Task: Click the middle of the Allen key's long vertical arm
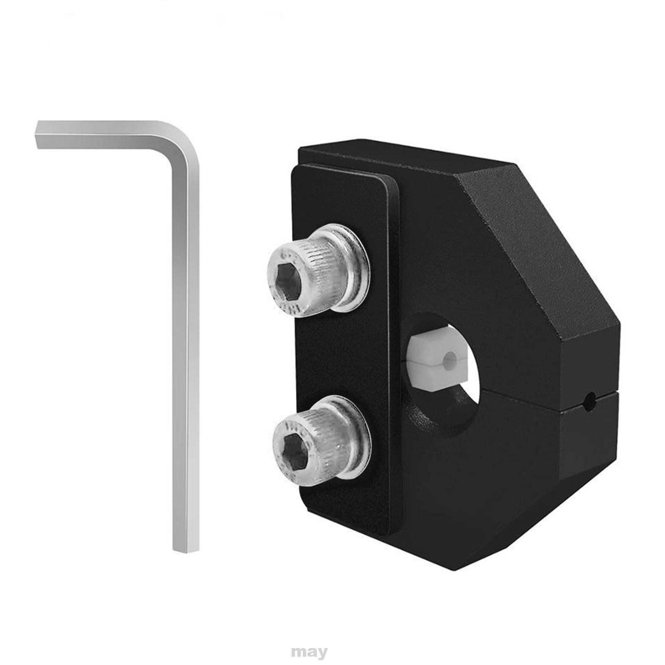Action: [x=185, y=353]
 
